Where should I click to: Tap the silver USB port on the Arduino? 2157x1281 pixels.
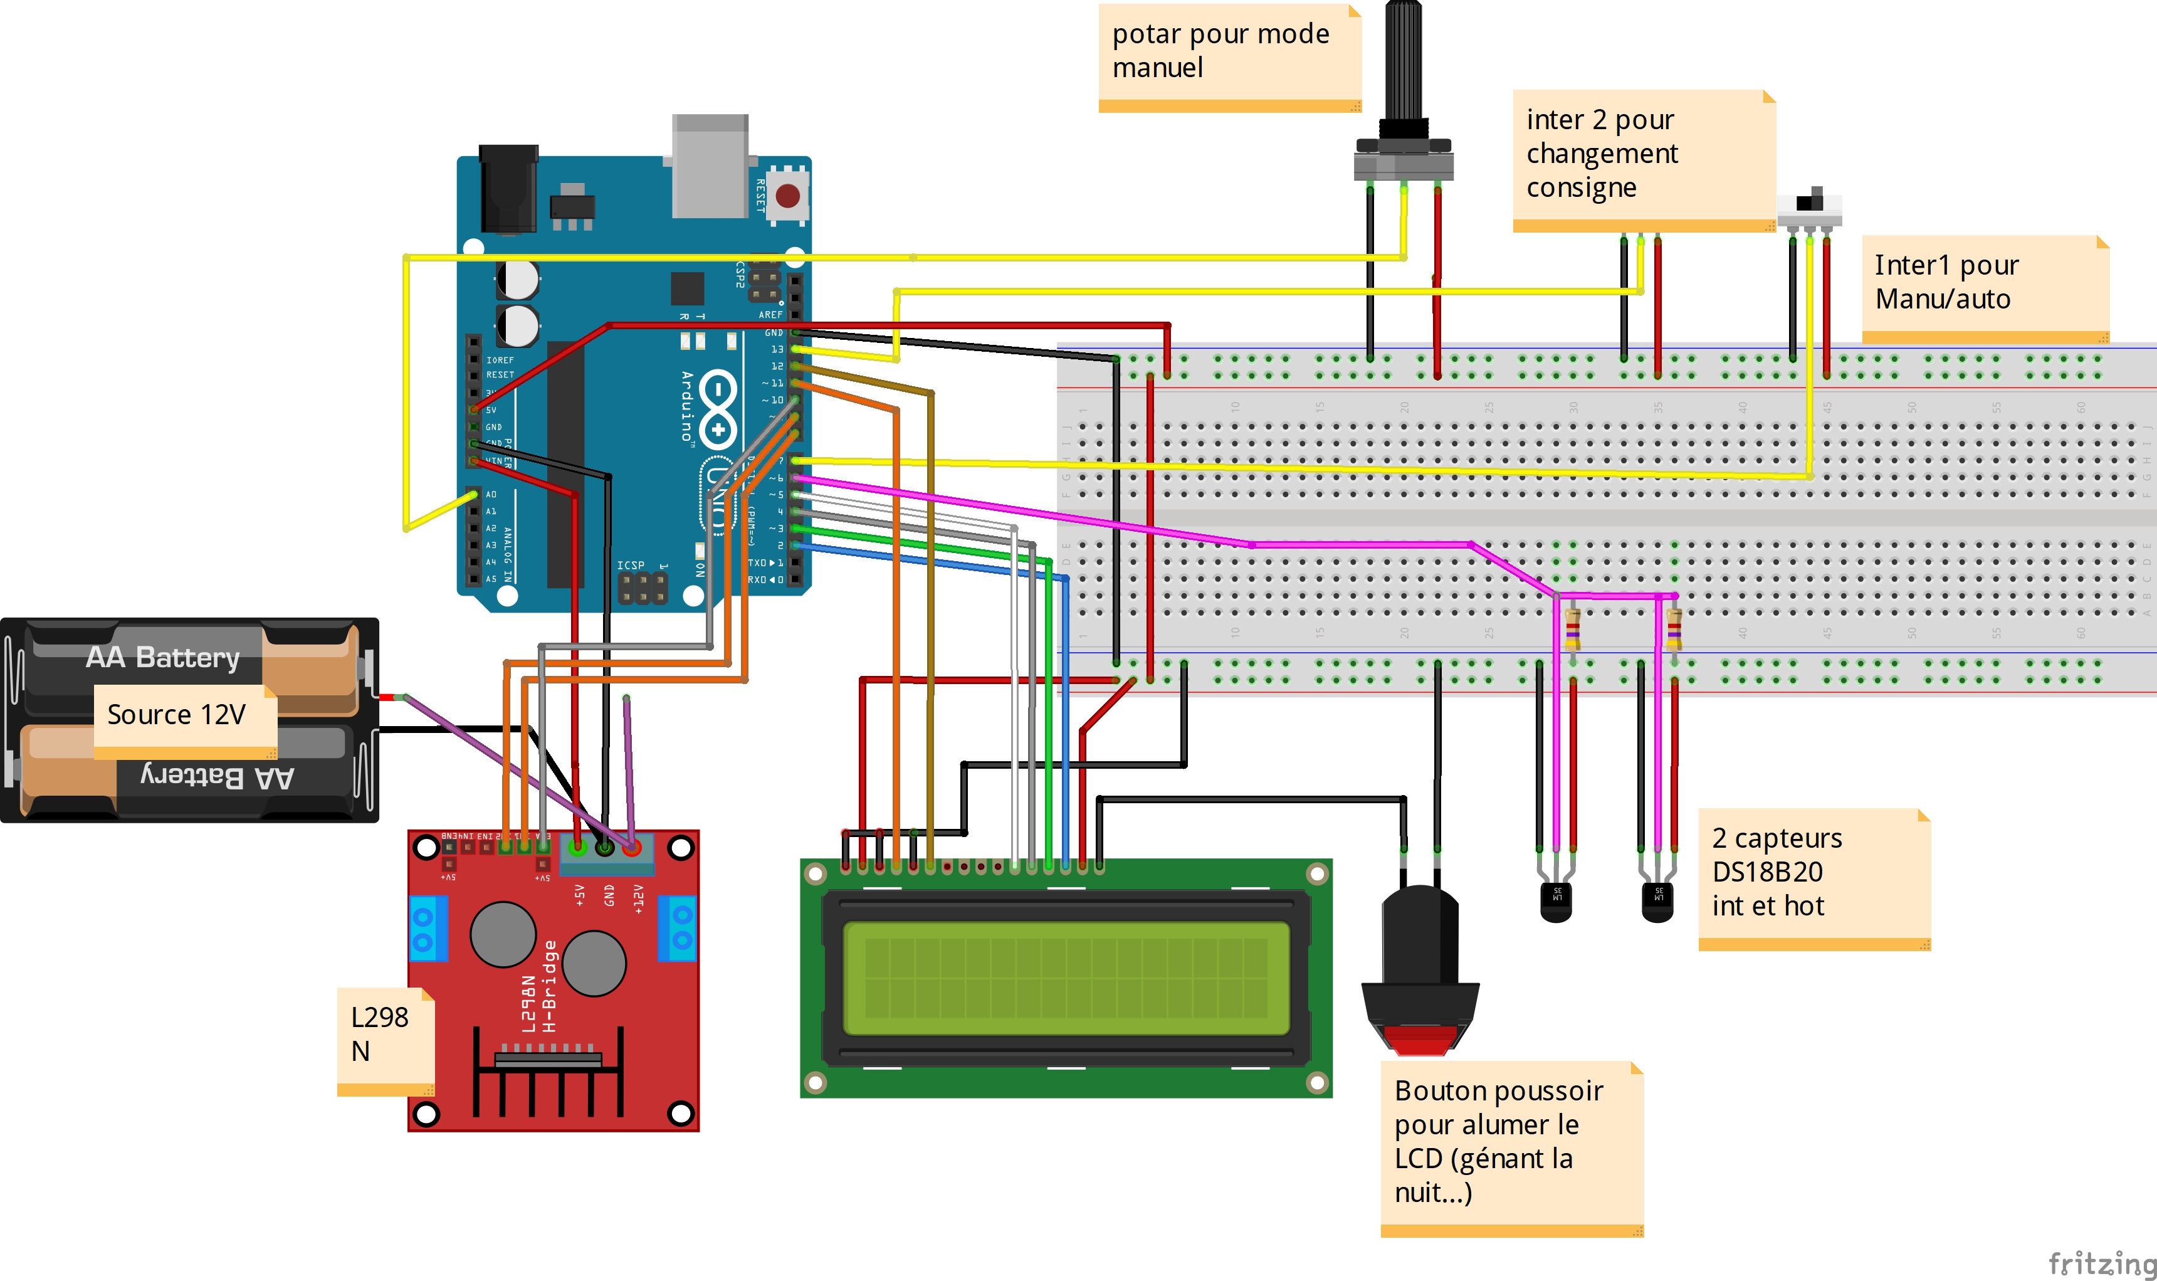(x=710, y=166)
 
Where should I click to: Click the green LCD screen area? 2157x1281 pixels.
(x=1066, y=978)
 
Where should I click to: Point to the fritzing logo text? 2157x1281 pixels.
(x=2102, y=1263)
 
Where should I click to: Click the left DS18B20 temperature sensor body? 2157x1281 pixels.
(x=1556, y=900)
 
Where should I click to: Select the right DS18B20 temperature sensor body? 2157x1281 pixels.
(x=1657, y=900)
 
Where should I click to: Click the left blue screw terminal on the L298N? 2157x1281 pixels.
(x=427, y=929)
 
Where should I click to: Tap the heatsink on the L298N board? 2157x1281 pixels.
(x=548, y=1079)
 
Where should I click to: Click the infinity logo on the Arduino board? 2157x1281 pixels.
(x=718, y=409)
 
